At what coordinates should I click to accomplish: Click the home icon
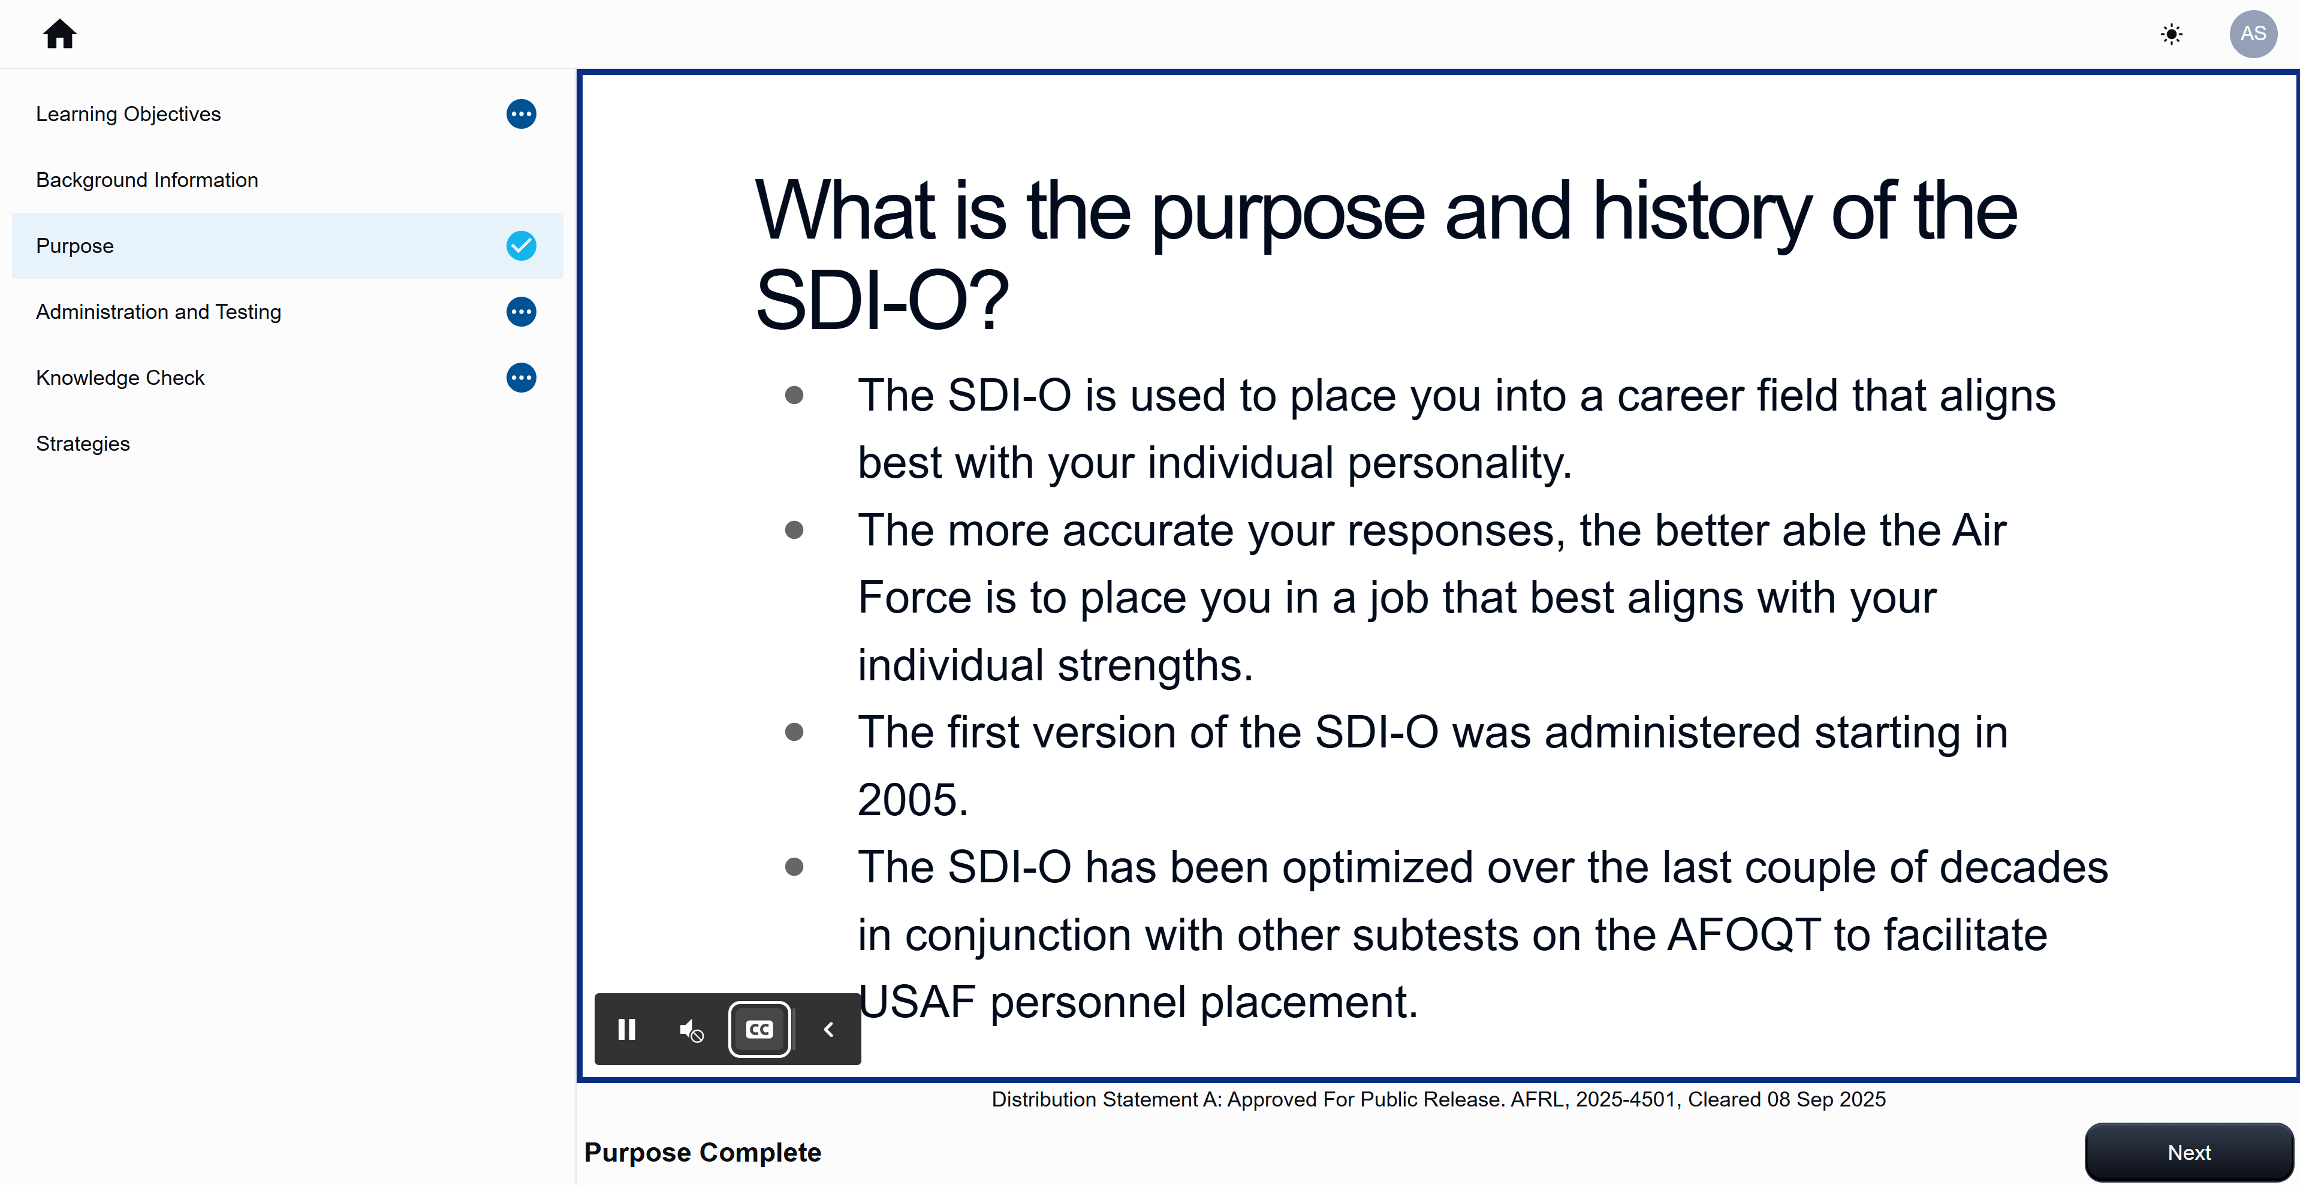point(60,34)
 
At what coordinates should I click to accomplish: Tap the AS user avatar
point(2253,34)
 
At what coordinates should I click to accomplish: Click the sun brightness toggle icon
point(2172,34)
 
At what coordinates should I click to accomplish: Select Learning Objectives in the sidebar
point(128,114)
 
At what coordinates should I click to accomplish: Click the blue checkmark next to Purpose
point(522,246)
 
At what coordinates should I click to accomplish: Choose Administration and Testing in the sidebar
point(158,312)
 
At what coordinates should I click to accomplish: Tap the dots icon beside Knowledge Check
point(522,378)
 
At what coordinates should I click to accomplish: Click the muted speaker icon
point(691,1030)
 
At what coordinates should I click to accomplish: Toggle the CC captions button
point(759,1030)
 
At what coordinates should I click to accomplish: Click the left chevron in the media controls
point(828,1030)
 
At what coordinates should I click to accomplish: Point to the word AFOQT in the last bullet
point(1743,935)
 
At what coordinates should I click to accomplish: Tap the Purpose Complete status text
point(703,1153)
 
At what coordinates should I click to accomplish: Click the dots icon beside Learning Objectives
point(522,114)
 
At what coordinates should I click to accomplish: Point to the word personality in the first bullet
point(1459,463)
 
